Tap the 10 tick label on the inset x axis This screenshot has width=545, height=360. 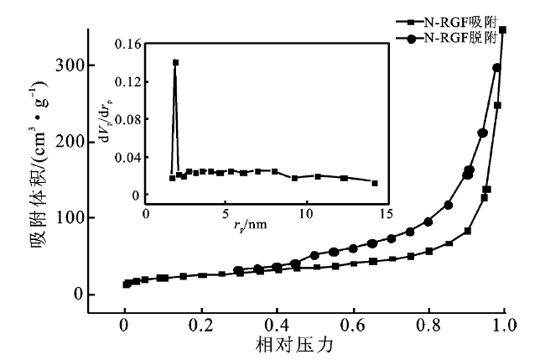(307, 215)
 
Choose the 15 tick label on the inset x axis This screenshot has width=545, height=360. (387, 215)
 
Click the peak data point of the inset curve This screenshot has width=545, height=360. (176, 62)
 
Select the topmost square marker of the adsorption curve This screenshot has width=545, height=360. (503, 29)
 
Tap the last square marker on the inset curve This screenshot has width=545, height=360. (374, 183)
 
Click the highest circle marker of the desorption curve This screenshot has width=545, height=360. (496, 68)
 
